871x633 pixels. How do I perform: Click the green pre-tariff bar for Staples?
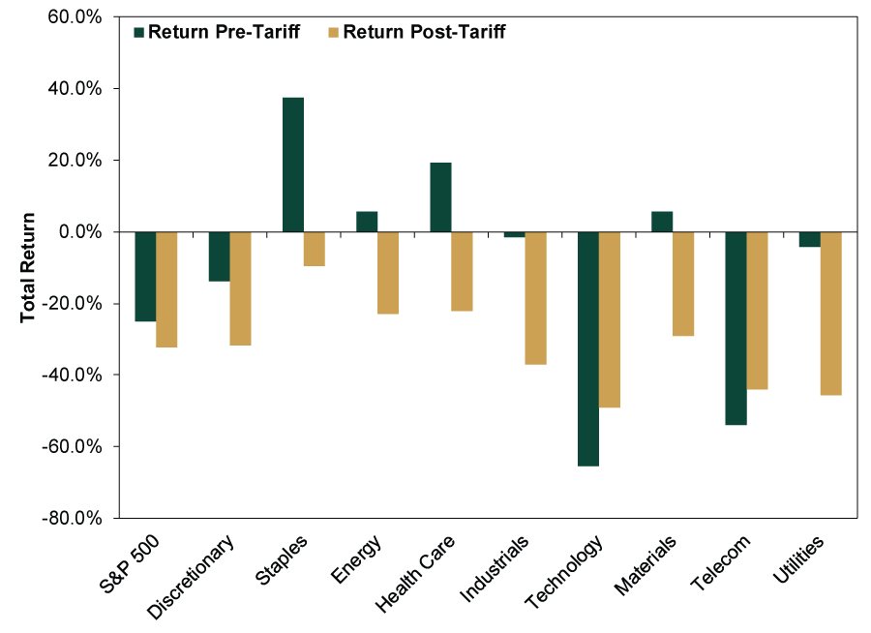(292, 165)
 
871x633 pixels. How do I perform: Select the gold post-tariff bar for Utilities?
(830, 313)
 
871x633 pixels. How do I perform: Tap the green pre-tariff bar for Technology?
(587, 348)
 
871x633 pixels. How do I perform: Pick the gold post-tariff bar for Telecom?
(757, 310)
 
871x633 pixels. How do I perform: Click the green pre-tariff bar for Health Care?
(440, 197)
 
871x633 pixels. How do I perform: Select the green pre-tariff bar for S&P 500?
(145, 276)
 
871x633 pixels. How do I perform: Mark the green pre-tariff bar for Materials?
(662, 222)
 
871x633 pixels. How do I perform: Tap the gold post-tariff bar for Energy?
(388, 273)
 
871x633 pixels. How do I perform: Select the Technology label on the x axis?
(565, 571)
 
